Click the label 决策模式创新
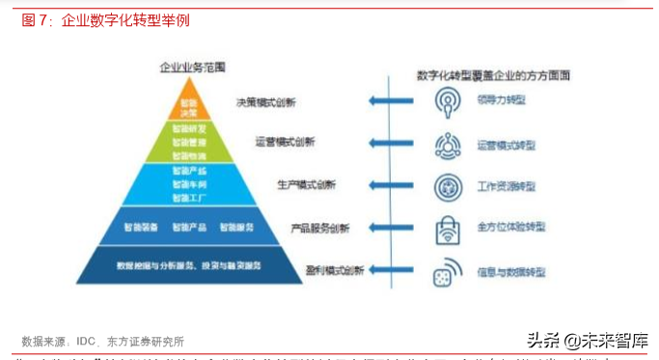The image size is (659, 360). tap(265, 101)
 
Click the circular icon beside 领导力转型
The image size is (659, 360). tap(446, 99)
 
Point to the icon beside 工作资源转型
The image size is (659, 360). tap(446, 185)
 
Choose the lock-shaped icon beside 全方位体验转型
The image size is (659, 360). tap(447, 229)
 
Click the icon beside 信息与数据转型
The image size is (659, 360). tap(446, 272)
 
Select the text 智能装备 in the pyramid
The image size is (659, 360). tap(140, 228)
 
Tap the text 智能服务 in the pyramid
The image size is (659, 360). tap(237, 228)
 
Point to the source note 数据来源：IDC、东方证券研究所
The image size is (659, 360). tap(104, 341)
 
